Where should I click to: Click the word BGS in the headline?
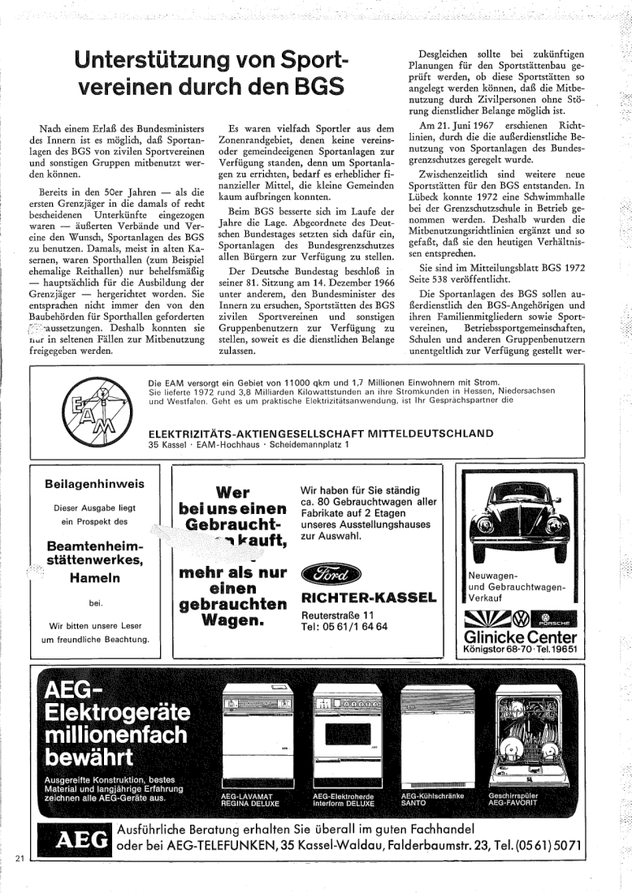click(313, 86)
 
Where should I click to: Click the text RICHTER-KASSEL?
click(368, 599)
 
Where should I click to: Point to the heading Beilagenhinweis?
click(95, 484)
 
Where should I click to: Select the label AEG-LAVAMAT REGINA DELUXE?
click(250, 800)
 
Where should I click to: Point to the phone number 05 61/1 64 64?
click(344, 627)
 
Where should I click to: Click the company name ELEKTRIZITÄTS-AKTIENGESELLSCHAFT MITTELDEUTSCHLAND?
click(321, 433)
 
